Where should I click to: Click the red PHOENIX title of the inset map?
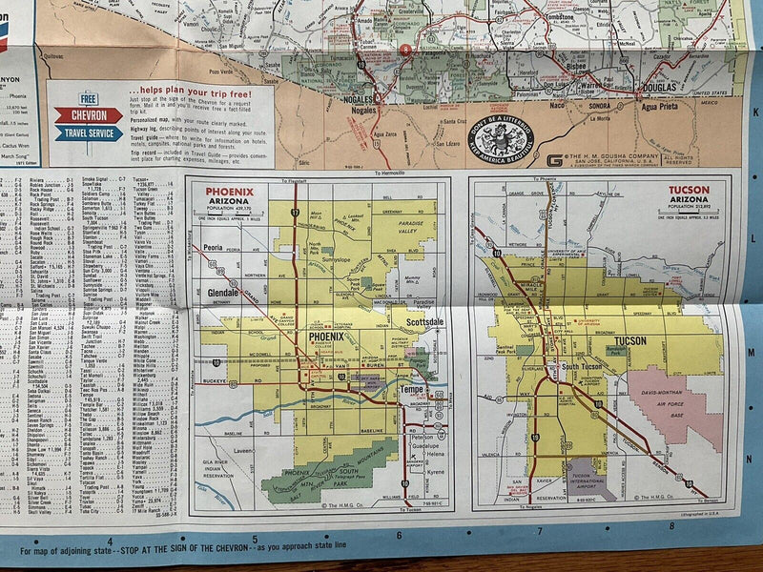pos(231,189)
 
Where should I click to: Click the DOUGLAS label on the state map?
pos(657,85)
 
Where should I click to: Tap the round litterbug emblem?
pos(502,138)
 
